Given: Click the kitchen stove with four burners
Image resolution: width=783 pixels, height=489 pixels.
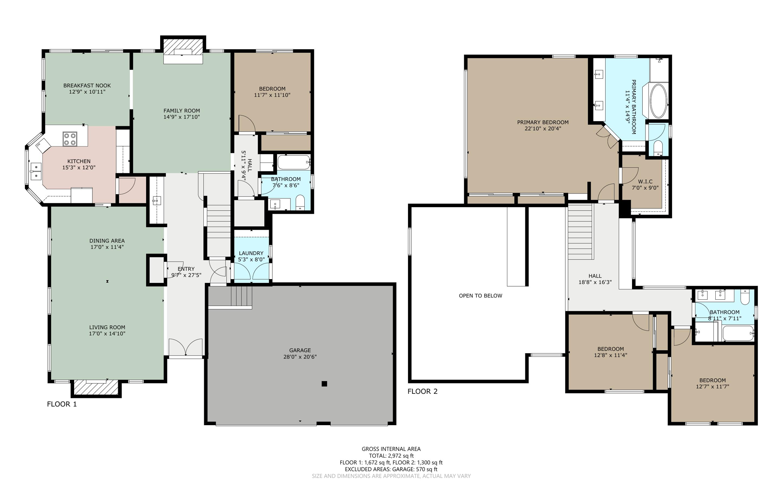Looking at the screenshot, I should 70,139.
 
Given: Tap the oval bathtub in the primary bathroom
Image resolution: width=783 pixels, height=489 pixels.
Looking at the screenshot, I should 658,101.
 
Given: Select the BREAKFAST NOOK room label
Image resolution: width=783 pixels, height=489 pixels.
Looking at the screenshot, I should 87,86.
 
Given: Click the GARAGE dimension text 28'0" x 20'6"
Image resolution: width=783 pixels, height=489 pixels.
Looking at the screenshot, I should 300,357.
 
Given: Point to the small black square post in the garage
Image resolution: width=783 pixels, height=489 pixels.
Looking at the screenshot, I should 324,384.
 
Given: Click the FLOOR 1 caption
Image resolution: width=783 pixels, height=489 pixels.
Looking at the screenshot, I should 62,404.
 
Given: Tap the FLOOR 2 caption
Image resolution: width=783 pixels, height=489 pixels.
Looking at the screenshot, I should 422,392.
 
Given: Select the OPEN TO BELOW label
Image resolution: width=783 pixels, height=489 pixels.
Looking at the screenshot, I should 481,296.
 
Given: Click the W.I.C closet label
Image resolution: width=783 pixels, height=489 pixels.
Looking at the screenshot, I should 645,182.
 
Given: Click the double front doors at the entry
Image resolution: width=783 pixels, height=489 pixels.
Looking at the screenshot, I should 185,348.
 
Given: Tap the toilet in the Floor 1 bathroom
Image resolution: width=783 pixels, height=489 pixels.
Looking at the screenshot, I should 301,203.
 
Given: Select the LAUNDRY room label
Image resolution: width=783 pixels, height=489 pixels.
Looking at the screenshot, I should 251,253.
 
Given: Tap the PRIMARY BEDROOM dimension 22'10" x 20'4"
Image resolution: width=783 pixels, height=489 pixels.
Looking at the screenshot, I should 543,129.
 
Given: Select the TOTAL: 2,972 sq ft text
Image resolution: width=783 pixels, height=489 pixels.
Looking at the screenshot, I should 391,456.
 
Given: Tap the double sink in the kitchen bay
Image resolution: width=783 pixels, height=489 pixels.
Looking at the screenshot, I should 36,171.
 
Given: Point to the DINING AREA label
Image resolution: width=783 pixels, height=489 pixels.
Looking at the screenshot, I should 107,241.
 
